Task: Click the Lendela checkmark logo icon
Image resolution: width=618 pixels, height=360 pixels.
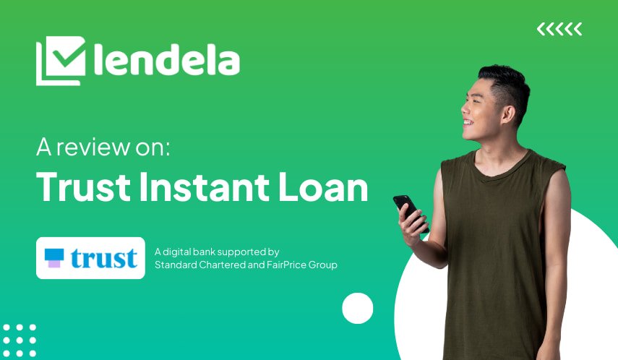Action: pos(60,61)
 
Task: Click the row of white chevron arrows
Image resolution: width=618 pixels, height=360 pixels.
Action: pos(559,30)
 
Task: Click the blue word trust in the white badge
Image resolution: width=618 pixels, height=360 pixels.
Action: pos(104,258)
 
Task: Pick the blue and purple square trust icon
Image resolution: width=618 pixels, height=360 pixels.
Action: pos(54,258)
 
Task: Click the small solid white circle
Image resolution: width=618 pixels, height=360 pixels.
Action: pos(357,308)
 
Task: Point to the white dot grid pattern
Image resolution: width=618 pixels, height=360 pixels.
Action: pos(20,340)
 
